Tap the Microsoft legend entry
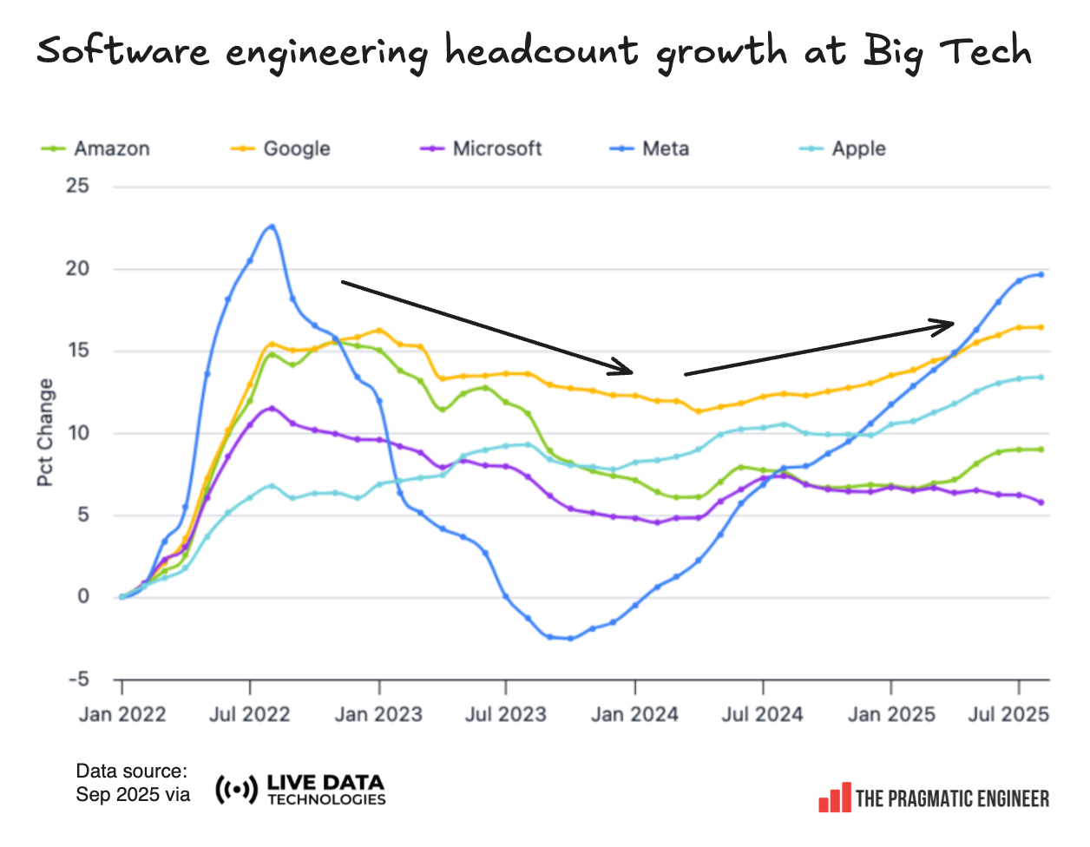[481, 148]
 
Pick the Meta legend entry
[650, 148]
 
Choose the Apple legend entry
[843, 148]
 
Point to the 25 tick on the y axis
[77, 186]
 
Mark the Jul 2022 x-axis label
[250, 714]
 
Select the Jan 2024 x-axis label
[634, 714]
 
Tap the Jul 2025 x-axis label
[1008, 714]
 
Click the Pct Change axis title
[45, 432]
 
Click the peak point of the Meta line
[272, 227]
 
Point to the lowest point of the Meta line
[570, 638]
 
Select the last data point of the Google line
[1040, 327]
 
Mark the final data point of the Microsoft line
[1040, 502]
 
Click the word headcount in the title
[542, 52]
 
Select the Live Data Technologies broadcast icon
[237, 789]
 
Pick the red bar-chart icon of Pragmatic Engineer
[834, 797]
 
